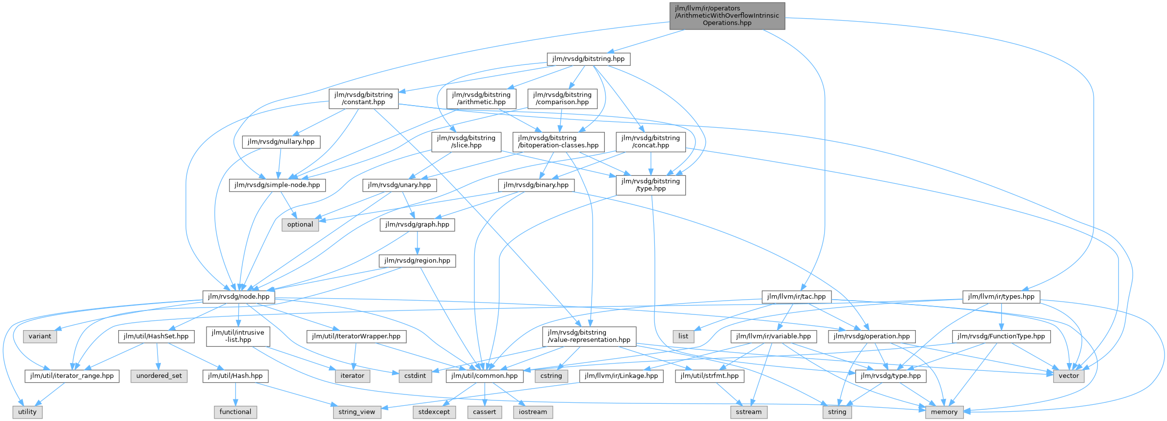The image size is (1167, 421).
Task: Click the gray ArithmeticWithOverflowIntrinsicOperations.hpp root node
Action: click(727, 16)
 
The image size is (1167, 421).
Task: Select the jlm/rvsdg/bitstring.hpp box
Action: click(588, 59)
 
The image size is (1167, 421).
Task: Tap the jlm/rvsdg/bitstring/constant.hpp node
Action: click(363, 98)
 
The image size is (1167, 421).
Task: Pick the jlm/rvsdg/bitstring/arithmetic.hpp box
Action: click(481, 98)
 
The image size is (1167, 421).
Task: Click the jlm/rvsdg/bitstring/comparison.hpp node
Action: click(562, 98)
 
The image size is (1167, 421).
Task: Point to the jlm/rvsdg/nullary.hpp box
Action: click(281, 142)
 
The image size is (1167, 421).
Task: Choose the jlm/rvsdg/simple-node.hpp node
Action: click(277, 185)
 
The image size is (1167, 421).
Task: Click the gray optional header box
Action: click(300, 225)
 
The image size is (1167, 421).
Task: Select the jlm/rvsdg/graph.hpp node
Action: click(417, 225)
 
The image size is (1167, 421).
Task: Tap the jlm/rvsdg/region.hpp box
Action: click(417, 261)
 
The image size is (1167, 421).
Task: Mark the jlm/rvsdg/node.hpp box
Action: click(239, 297)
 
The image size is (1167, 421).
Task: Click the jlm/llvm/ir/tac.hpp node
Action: click(797, 297)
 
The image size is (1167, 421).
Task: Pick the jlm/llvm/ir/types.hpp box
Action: click(1001, 297)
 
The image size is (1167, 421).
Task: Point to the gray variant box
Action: click(40, 337)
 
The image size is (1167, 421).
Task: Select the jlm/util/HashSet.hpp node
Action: click(156, 337)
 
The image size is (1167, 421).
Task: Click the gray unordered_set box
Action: click(159, 376)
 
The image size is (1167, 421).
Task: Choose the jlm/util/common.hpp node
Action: click(485, 376)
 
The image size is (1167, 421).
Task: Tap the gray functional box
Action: click(235, 412)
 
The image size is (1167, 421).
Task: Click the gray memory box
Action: click(944, 412)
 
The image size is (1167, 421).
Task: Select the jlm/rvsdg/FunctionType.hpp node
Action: click(1001, 337)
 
